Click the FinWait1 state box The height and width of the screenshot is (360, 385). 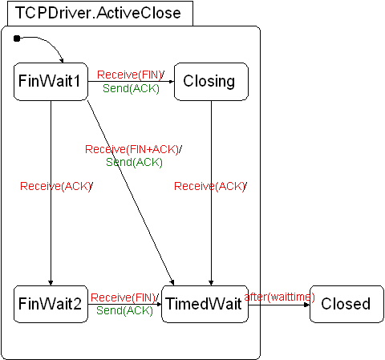51,82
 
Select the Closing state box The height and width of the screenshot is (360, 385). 211,82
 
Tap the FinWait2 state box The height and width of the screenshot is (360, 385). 51,304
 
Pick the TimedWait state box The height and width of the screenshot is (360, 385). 205,304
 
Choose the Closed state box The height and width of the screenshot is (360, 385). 346,304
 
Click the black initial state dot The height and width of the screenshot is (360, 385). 17,38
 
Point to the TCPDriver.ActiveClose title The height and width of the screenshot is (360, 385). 98,13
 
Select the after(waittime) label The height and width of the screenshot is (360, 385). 280,297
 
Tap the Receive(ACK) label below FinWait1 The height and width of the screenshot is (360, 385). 56,186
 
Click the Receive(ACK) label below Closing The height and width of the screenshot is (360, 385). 210,186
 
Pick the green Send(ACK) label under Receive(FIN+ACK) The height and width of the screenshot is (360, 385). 134,162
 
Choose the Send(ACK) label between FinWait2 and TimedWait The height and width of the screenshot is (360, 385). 124,310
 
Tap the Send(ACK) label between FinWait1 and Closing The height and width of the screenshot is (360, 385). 131,88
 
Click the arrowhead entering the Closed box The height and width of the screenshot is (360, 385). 307,305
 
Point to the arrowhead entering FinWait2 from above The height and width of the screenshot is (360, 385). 51,283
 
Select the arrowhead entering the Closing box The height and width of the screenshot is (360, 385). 172,82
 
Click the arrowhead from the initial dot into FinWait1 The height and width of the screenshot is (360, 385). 62,60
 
